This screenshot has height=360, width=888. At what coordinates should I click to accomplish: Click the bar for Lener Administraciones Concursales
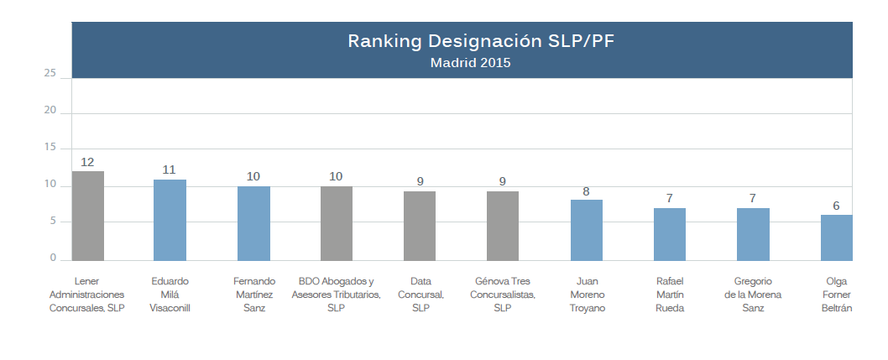pos(88,216)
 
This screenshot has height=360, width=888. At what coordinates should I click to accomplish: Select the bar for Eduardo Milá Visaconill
pos(170,220)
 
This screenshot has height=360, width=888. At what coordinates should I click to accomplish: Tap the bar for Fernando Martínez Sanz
pos(253,223)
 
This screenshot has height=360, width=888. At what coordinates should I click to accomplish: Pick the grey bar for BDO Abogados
pos(337,223)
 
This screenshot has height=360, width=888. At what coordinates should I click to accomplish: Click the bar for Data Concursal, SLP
pos(420,226)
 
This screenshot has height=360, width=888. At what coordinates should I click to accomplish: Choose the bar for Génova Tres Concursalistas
pos(503,226)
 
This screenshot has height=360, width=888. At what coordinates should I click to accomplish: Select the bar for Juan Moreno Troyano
pos(587,231)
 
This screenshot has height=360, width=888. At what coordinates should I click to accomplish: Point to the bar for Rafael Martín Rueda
pos(670,234)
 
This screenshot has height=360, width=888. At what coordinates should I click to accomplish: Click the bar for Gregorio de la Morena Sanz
pos(753,234)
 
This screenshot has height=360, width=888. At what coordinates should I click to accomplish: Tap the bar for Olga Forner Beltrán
pos(837,237)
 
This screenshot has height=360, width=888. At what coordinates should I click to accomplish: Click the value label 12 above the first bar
pos(87,163)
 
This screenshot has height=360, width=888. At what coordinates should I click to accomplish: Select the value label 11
pos(170,170)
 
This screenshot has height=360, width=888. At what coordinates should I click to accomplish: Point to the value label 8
pos(586,191)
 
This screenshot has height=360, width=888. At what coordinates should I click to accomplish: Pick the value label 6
pos(837,206)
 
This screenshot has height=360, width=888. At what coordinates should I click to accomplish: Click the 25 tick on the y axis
pos(50,74)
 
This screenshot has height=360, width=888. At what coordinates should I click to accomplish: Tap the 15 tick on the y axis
pos(50,148)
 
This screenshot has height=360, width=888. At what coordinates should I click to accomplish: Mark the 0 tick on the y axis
pos(53,258)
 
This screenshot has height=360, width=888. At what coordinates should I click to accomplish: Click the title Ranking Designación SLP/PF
pos(481,41)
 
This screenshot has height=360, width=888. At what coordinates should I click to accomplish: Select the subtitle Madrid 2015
pos(471,63)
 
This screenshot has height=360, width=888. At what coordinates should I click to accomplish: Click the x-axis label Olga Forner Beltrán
pos(837,295)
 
